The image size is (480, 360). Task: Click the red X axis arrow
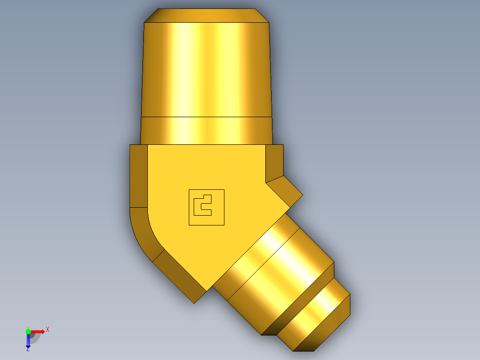(37, 331)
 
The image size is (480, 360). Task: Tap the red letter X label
(47, 329)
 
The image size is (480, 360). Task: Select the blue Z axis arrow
(28, 340)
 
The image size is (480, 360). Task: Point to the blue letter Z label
(28, 350)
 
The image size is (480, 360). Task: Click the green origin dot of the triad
(28, 331)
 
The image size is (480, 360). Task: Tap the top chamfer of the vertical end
(207, 16)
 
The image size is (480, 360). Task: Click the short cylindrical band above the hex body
(207, 130)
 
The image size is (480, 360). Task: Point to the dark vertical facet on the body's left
(138, 176)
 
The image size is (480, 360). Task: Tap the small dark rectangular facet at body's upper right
(274, 163)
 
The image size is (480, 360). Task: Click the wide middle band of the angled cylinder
(281, 276)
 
